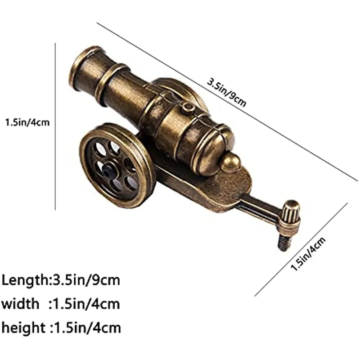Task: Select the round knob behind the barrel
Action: tap(231, 162)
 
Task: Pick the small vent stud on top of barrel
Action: tap(188, 107)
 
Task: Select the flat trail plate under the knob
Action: tap(220, 189)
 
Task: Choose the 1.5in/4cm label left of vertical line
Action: tap(27, 122)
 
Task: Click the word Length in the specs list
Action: tap(24, 280)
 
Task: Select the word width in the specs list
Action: tap(20, 304)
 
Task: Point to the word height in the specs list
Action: tap(23, 327)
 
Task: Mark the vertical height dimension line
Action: tap(55, 126)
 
